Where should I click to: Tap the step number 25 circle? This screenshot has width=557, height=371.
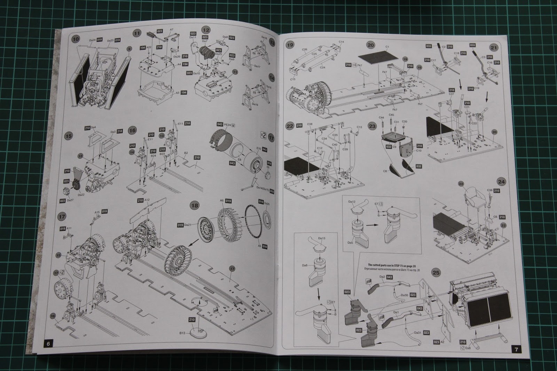point(437,273)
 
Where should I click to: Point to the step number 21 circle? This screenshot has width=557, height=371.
point(493,48)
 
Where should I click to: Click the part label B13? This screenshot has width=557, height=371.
point(182,332)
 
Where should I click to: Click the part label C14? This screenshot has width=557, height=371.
point(341,42)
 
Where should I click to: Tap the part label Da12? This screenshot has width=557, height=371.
point(352,202)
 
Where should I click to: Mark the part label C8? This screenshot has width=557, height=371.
point(386,171)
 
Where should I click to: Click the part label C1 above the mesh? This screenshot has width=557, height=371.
point(387,46)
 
